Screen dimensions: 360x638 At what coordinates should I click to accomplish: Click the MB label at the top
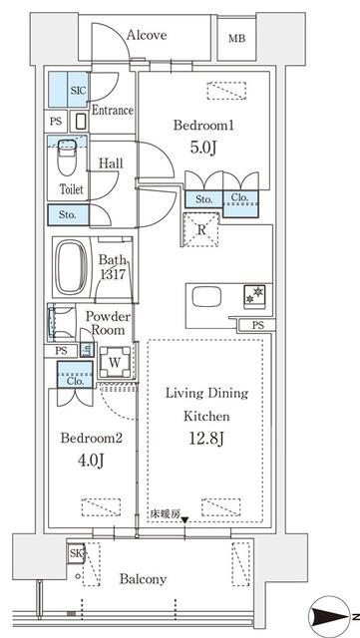(236, 39)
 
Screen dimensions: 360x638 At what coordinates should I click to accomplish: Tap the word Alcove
(147, 35)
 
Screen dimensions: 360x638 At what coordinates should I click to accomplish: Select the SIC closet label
(78, 91)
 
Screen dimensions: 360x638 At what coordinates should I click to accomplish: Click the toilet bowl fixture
(67, 158)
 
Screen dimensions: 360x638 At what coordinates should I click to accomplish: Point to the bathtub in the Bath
(71, 266)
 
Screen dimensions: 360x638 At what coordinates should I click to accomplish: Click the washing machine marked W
(116, 362)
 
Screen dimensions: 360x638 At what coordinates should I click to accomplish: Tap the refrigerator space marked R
(201, 230)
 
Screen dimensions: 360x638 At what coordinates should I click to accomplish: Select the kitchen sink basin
(206, 297)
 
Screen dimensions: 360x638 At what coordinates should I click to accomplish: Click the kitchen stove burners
(254, 295)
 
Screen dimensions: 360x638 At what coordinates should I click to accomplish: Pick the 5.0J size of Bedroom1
(202, 148)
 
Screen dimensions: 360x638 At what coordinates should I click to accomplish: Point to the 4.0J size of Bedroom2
(91, 461)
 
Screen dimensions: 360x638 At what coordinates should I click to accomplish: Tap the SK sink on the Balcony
(76, 553)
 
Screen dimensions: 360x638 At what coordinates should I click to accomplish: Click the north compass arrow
(330, 616)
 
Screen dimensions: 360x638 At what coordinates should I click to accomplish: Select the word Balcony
(143, 579)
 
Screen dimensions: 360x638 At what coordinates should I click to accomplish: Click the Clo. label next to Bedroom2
(76, 382)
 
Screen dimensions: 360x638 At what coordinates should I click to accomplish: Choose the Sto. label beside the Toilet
(67, 215)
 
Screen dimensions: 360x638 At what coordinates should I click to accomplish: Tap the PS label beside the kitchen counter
(257, 326)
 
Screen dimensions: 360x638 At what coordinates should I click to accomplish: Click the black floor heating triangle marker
(184, 520)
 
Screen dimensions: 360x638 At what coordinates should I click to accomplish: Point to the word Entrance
(113, 111)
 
